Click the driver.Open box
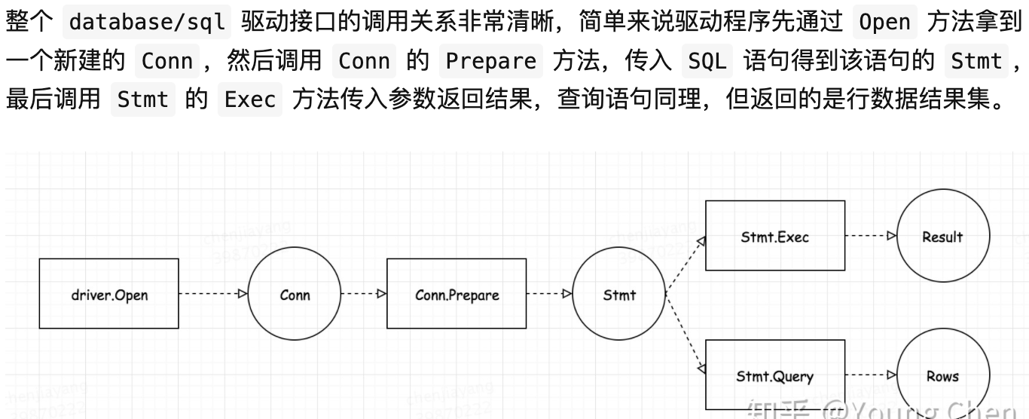(109, 294)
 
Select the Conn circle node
(295, 295)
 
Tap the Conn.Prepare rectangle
(456, 294)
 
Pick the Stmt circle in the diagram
(619, 295)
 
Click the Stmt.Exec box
(774, 236)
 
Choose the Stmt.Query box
(774, 375)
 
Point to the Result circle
(942, 236)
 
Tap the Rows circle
(942, 375)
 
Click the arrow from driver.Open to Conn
(213, 294)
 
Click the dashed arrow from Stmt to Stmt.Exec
(684, 265)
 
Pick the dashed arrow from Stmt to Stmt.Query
(684, 332)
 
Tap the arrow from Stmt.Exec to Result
(871, 236)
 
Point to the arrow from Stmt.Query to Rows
(871, 375)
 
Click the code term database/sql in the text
(147, 21)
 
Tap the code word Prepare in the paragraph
(490, 60)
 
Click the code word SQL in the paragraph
(707, 60)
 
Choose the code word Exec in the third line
(250, 99)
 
